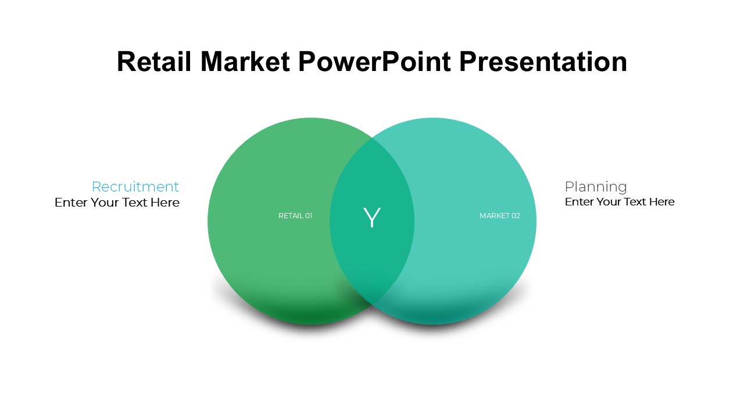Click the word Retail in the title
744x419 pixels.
click(x=154, y=62)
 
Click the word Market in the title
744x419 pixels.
click(x=245, y=62)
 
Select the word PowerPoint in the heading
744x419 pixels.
click(x=374, y=62)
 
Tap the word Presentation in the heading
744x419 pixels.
click(x=543, y=62)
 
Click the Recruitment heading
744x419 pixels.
click(x=135, y=187)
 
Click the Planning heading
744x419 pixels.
click(x=596, y=187)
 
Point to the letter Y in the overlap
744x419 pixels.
click(x=371, y=218)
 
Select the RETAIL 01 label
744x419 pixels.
click(x=295, y=216)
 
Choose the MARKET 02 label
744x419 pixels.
click(x=500, y=216)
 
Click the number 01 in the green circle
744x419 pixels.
click(x=309, y=216)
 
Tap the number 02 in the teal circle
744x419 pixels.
click(x=516, y=216)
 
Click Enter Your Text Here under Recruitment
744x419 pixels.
click(x=117, y=203)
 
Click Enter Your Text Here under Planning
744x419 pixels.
click(x=620, y=202)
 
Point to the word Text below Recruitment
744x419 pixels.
click(x=135, y=203)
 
